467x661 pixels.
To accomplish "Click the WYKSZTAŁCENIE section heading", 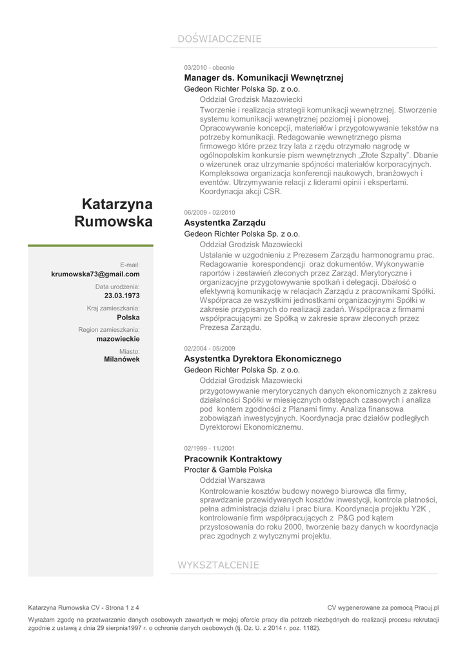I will click(218, 565).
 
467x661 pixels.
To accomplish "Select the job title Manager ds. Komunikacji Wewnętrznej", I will click(264, 77).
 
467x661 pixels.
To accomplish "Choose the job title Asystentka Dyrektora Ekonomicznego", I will click(263, 358).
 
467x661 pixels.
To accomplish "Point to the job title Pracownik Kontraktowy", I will click(233, 459).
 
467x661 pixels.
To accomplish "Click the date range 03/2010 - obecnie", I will click(209, 67).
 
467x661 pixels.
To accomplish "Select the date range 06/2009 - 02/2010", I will click(210, 212).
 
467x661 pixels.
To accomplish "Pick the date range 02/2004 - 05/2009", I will click(210, 348).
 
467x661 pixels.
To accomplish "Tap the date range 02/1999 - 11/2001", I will click(210, 448).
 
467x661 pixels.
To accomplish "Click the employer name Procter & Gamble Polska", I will click(228, 470).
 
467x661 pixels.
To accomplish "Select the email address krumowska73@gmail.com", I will click(95, 274).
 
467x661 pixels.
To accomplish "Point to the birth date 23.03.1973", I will click(122, 296).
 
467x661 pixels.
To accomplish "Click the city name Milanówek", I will click(122, 360).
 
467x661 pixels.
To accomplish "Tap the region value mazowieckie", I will click(118, 338).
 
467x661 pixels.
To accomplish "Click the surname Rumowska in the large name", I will click(114, 223).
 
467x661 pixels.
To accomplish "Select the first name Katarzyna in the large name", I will click(117, 205).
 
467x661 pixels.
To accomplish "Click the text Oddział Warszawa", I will click(232, 480).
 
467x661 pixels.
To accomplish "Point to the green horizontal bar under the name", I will click(90, 245).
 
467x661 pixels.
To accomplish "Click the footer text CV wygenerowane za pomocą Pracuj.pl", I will click(383, 607).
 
